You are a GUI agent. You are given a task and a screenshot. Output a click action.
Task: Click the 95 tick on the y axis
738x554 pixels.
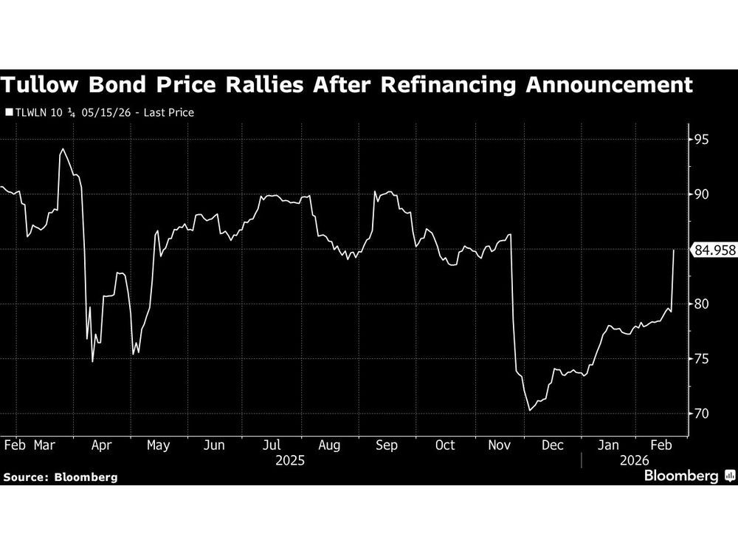pyautogui.click(x=700, y=140)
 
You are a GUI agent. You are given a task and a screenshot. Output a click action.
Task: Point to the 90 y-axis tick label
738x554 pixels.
pyautogui.click(x=700, y=194)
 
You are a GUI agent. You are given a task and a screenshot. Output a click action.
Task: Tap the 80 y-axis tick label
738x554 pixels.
pyautogui.click(x=700, y=304)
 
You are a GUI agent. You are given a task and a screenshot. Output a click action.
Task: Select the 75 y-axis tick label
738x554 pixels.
pyautogui.click(x=700, y=359)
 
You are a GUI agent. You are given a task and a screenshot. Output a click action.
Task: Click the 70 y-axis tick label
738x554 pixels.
pyautogui.click(x=700, y=414)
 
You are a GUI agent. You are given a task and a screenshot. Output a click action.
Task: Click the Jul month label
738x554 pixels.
pyautogui.click(x=272, y=445)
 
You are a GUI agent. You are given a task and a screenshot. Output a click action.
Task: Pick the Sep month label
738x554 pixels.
pyautogui.click(x=386, y=445)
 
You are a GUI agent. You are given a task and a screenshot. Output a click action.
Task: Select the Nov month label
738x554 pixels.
pyautogui.click(x=500, y=445)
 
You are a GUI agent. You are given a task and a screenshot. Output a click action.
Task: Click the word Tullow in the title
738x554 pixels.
pyautogui.click(x=41, y=85)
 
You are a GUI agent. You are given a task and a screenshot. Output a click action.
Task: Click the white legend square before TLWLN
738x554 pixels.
pyautogui.click(x=9, y=114)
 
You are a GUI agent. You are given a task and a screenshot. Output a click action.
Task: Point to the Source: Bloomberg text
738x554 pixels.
pyautogui.click(x=60, y=477)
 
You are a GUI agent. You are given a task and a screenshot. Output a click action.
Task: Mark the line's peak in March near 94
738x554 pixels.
pyautogui.click(x=62, y=149)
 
